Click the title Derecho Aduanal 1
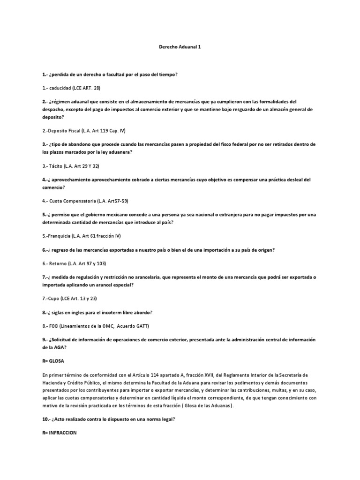click(180, 47)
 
